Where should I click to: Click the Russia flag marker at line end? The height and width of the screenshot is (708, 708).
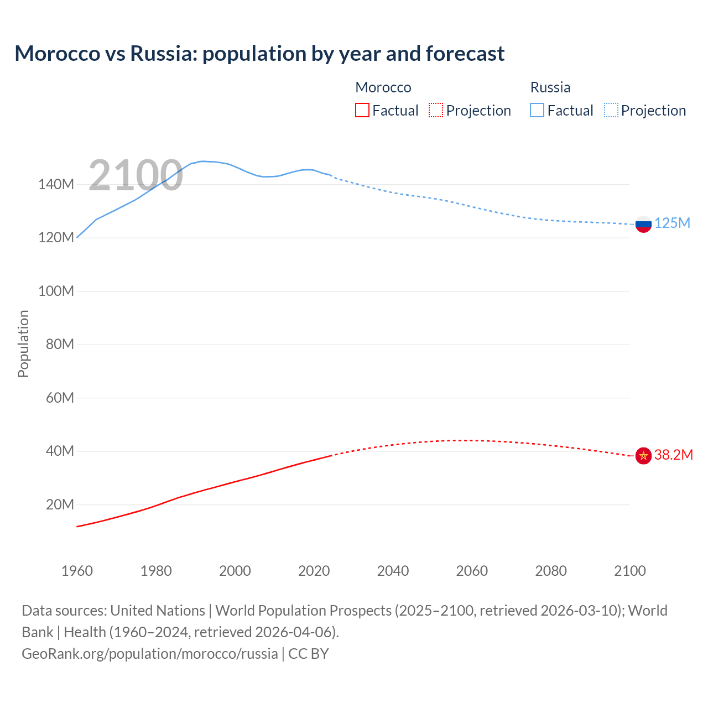point(643,224)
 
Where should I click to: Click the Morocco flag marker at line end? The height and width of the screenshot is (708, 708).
point(643,456)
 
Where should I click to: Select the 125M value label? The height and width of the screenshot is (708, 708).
point(672,223)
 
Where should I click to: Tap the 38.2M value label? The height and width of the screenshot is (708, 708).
point(673,455)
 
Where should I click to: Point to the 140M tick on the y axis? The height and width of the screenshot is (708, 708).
point(56,184)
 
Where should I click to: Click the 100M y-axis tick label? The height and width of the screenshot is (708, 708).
point(56,291)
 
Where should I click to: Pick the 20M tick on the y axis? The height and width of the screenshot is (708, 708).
point(60,504)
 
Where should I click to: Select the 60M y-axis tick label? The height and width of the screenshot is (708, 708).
point(60,398)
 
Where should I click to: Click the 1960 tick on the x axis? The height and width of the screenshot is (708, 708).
point(77,571)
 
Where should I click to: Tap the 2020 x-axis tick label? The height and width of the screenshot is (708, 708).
point(314,571)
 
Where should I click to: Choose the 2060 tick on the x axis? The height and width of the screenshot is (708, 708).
point(472,571)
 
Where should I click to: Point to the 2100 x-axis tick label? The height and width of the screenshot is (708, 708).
point(629,571)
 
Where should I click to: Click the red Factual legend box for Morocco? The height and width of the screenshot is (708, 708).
point(362,110)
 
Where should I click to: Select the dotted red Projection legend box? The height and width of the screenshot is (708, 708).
point(436,110)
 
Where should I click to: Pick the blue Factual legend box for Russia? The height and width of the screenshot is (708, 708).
point(537,110)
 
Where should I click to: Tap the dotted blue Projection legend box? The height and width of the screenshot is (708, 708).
point(611,110)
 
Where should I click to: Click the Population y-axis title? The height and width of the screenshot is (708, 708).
point(23,343)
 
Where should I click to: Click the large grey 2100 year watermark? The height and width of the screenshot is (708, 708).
point(136,175)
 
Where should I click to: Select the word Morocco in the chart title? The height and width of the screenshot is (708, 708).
point(58,54)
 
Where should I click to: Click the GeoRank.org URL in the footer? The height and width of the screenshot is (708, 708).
point(150,653)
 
